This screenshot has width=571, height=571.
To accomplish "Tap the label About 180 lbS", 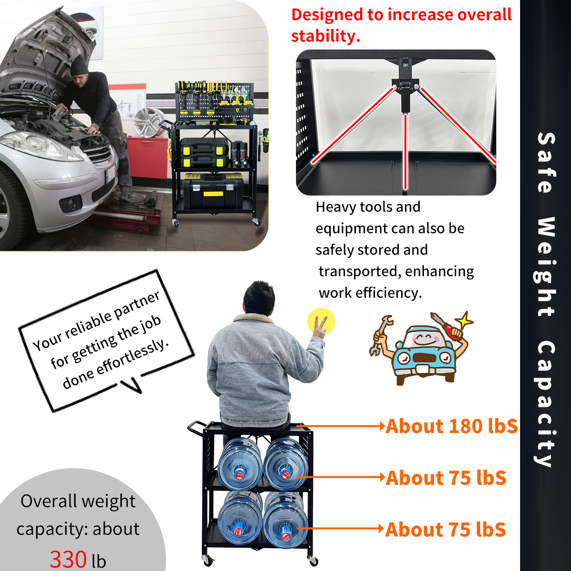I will pyautogui.click(x=451, y=426).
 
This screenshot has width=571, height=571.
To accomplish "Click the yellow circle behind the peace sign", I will pyautogui.click(x=321, y=322).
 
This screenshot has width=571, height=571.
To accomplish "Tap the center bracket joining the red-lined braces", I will pyautogui.click(x=405, y=90).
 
